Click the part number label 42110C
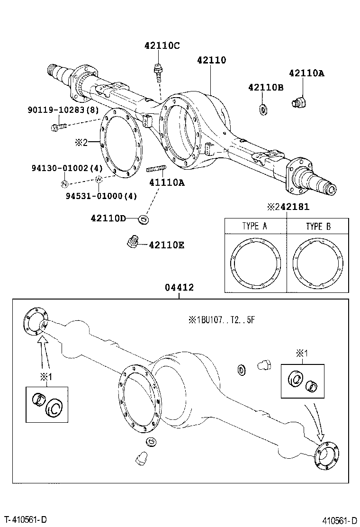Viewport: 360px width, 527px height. click(x=162, y=46)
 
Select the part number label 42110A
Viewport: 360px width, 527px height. click(x=306, y=73)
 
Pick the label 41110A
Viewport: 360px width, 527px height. click(x=166, y=182)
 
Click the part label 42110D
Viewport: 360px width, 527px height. click(x=108, y=218)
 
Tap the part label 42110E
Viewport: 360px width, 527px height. click(x=166, y=245)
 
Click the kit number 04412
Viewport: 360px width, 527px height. click(x=179, y=288)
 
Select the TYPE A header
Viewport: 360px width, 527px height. click(x=254, y=226)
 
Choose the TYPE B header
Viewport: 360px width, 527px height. click(x=318, y=226)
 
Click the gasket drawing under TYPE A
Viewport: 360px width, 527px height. click(x=254, y=263)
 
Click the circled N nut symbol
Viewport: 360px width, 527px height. click(x=65, y=183)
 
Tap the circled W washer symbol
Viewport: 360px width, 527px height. click(x=99, y=179)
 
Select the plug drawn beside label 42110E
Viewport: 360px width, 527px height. click(x=133, y=242)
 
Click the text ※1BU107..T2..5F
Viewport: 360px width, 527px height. click(x=222, y=320)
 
